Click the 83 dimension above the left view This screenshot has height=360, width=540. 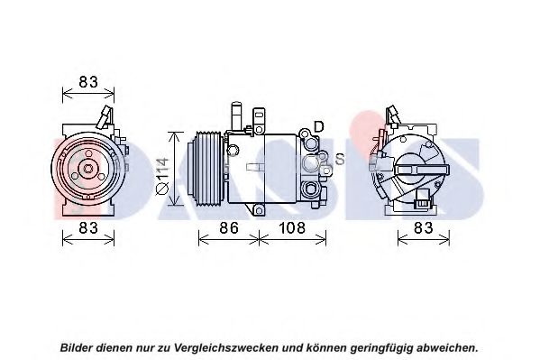(x=88, y=82)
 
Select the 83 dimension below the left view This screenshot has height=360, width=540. (x=88, y=228)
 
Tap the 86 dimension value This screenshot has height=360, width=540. (x=229, y=228)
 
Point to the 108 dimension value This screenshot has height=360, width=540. (x=292, y=228)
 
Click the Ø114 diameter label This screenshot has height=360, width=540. (x=162, y=176)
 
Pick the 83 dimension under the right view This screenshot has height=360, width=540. (x=423, y=228)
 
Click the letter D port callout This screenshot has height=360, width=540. (x=319, y=127)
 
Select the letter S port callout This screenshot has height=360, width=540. (x=340, y=159)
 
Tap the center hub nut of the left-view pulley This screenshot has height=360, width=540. (x=88, y=169)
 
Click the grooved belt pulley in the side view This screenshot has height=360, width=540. (x=206, y=169)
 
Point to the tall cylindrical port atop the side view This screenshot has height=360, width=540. (x=237, y=116)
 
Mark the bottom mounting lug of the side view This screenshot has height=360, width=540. (x=259, y=209)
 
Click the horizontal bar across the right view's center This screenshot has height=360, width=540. (x=423, y=170)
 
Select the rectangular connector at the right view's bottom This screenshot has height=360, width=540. (x=422, y=198)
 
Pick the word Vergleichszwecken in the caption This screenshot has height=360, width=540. (x=225, y=347)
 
